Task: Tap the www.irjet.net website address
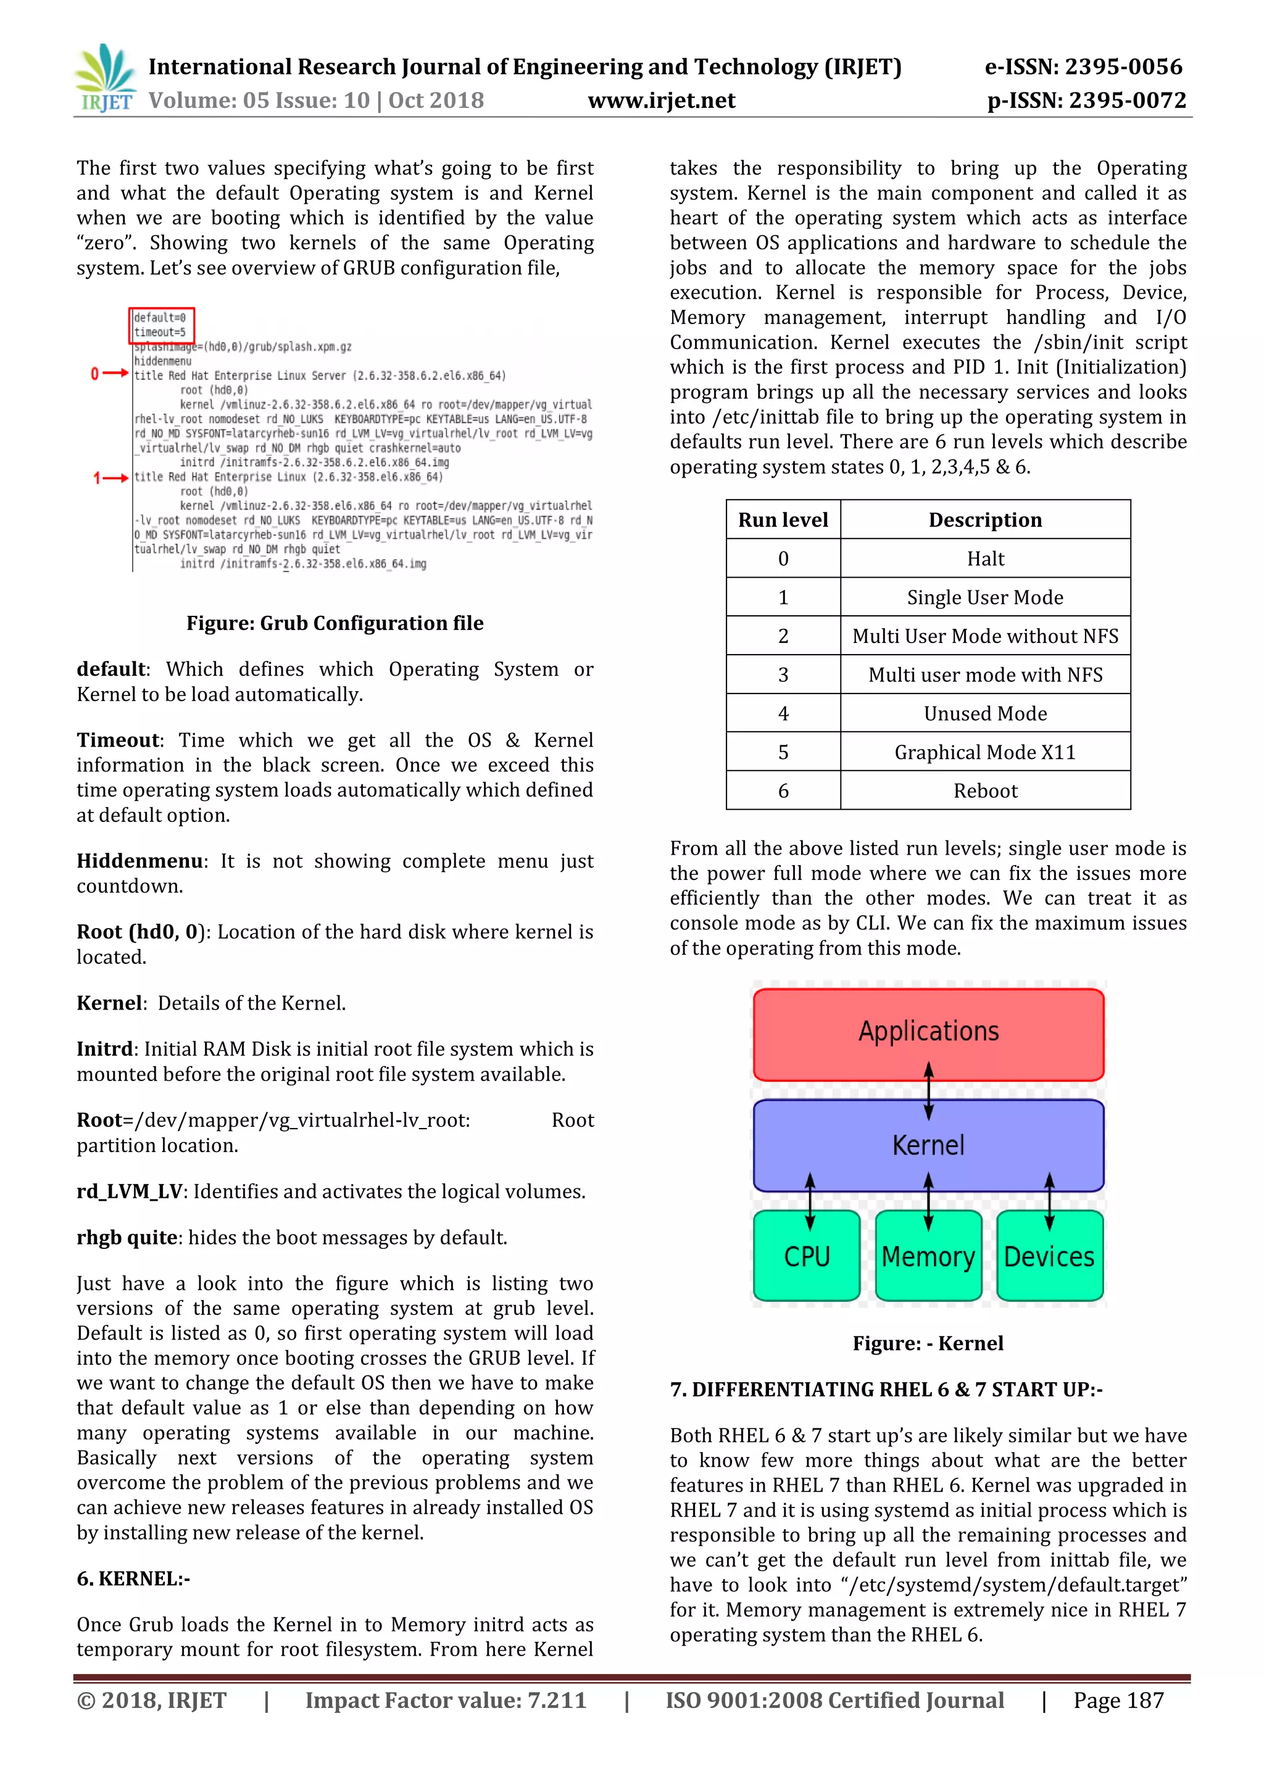pos(661,101)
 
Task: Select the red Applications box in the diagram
pos(928,1034)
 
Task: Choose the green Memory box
pos(928,1256)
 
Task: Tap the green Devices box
pos(1049,1256)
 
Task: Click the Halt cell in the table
pos(986,559)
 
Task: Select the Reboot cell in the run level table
pos(986,791)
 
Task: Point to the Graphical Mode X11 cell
pos(986,752)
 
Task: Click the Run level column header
pos(783,520)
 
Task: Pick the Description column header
pos(986,520)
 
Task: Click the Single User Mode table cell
pos(986,597)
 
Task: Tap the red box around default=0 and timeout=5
pos(162,325)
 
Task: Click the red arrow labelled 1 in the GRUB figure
pos(110,478)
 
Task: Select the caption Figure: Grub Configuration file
pos(335,623)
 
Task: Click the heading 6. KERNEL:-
pos(133,1578)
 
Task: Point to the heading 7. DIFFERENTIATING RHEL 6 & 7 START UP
pos(886,1388)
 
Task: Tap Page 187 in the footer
pos(1118,1700)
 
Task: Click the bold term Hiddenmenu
pos(140,861)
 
